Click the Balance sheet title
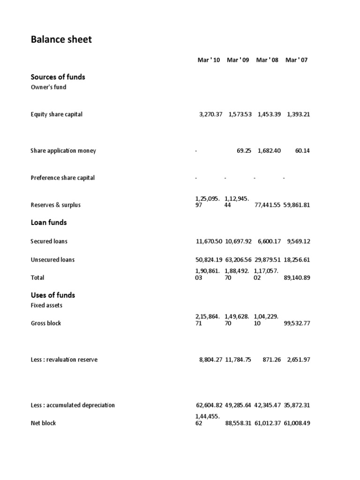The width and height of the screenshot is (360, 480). [61, 40]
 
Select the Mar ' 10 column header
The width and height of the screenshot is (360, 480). [209, 60]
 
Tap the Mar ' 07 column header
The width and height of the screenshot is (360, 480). [296, 60]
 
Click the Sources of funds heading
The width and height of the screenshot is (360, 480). [58, 77]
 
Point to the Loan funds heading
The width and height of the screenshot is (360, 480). [49, 222]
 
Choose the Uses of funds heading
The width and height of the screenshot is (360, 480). [52, 295]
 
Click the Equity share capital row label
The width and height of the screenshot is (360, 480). [56, 114]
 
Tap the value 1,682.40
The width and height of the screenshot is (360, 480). [269, 150]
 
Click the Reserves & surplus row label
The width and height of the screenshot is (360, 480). [56, 205]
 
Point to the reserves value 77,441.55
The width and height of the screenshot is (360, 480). [268, 205]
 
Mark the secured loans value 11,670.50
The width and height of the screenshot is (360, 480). [209, 241]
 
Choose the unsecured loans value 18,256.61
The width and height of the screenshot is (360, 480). [297, 260]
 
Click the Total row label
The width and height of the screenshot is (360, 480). [37, 277]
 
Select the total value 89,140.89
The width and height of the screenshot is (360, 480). [297, 277]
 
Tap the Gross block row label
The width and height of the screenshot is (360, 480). [46, 323]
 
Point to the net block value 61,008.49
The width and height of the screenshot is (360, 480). [297, 423]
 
